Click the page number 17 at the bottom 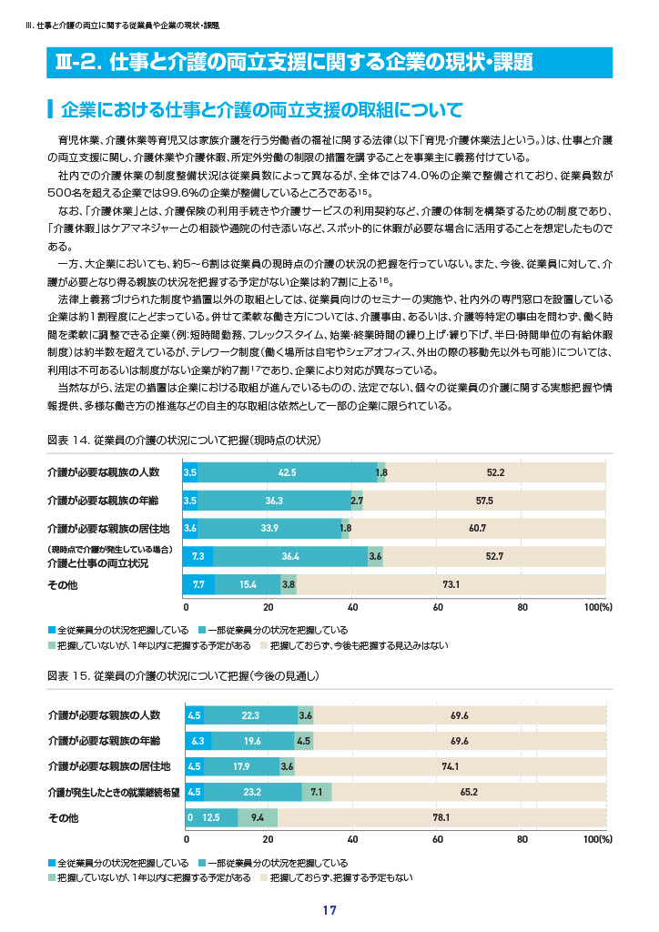pyautogui.click(x=329, y=910)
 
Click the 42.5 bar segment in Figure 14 pyautogui.click(x=287, y=472)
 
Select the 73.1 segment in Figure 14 pyautogui.click(x=451, y=585)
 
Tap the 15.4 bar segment pyautogui.click(x=248, y=585)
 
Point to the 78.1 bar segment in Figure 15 pyautogui.click(x=441, y=818)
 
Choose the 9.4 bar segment pyautogui.click(x=258, y=818)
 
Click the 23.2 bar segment pyautogui.click(x=252, y=793)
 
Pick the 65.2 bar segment pyautogui.click(x=469, y=793)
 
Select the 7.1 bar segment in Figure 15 pyautogui.click(x=317, y=793)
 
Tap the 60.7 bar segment pyautogui.click(x=477, y=529)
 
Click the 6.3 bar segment pyautogui.click(x=198, y=741)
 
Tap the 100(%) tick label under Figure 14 pyautogui.click(x=598, y=607)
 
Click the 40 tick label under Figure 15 pyautogui.click(x=353, y=839)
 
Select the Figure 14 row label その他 pyautogui.click(x=63, y=585)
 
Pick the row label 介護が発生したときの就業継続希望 pyautogui.click(x=114, y=793)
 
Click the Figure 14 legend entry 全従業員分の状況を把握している pyautogui.click(x=118, y=630)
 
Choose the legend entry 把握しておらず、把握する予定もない pyautogui.click(x=337, y=878)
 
